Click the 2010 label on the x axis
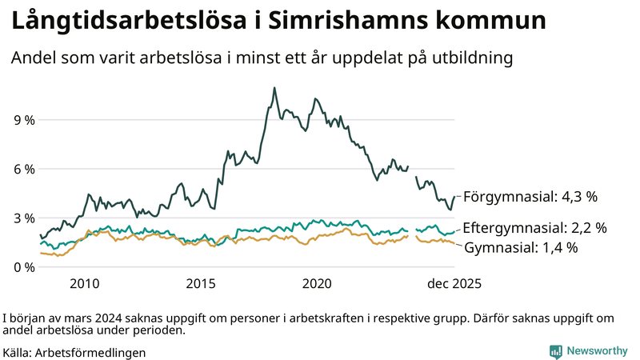pos(85,283)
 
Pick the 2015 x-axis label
pos(201,283)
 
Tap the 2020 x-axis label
pos(318,283)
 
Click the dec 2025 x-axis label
pos(454,283)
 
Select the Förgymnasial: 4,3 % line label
pos(530,196)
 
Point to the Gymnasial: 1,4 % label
pos(520,247)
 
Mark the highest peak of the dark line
pos(274,88)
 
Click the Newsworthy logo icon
pos(555,351)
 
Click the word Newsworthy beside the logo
pos(597,351)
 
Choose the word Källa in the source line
pos(18,352)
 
